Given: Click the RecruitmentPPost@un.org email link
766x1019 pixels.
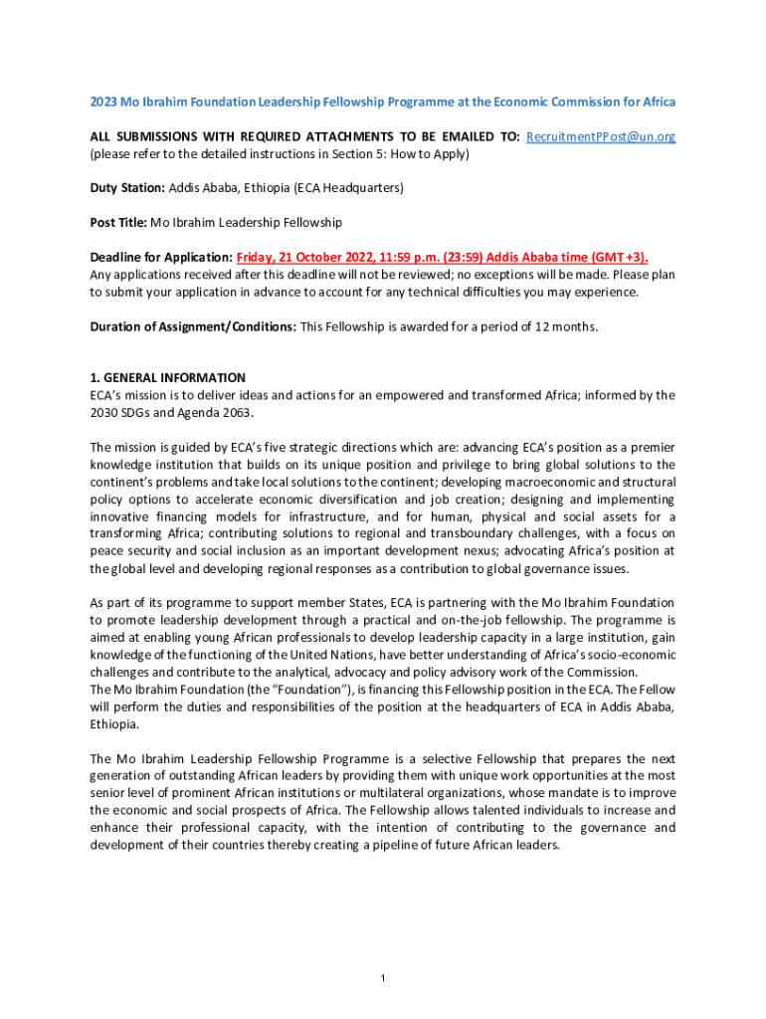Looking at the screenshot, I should [600, 136].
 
